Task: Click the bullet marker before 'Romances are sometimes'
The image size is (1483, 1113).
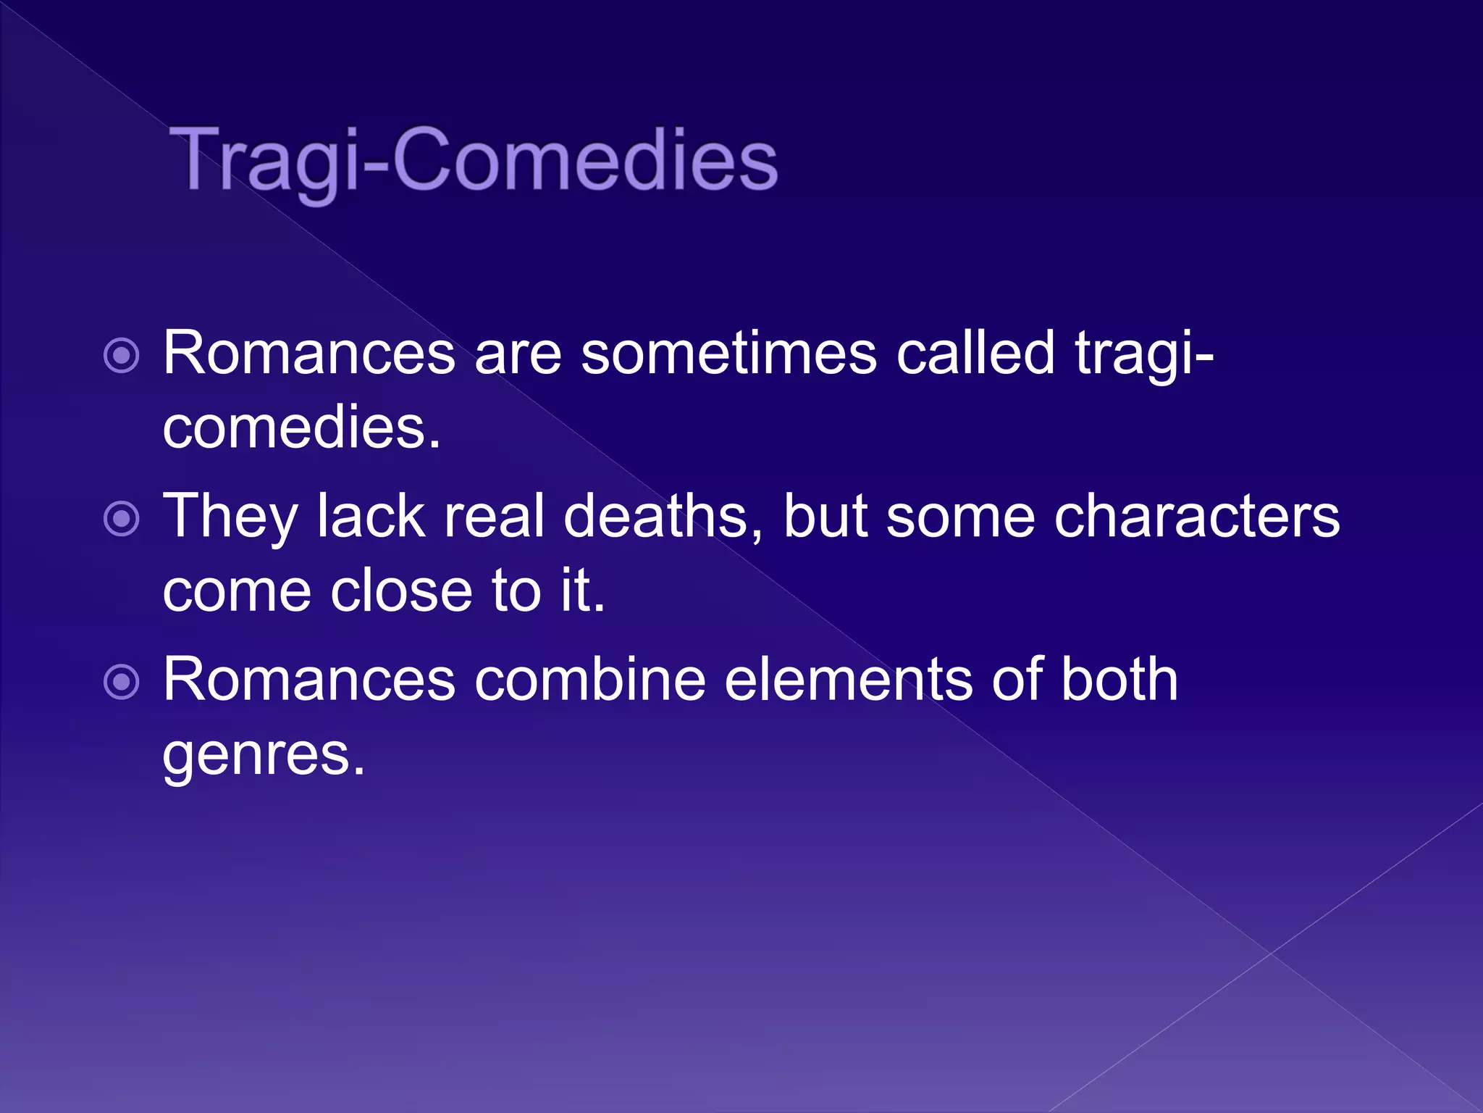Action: point(122,356)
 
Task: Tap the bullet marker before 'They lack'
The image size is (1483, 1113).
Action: point(122,519)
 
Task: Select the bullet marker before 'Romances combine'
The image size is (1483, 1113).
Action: point(122,682)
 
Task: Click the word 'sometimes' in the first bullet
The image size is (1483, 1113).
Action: point(728,354)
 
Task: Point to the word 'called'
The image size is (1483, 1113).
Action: point(975,354)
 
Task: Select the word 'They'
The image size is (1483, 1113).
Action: point(230,517)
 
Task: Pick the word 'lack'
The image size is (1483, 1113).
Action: point(371,516)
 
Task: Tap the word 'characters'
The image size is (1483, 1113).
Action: point(1197,517)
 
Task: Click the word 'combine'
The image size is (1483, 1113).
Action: point(590,680)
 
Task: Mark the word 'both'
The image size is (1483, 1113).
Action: point(1119,680)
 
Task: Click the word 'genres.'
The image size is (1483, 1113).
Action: point(264,755)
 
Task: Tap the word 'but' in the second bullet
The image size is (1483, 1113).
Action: point(825,516)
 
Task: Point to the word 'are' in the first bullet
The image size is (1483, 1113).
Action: point(518,355)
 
